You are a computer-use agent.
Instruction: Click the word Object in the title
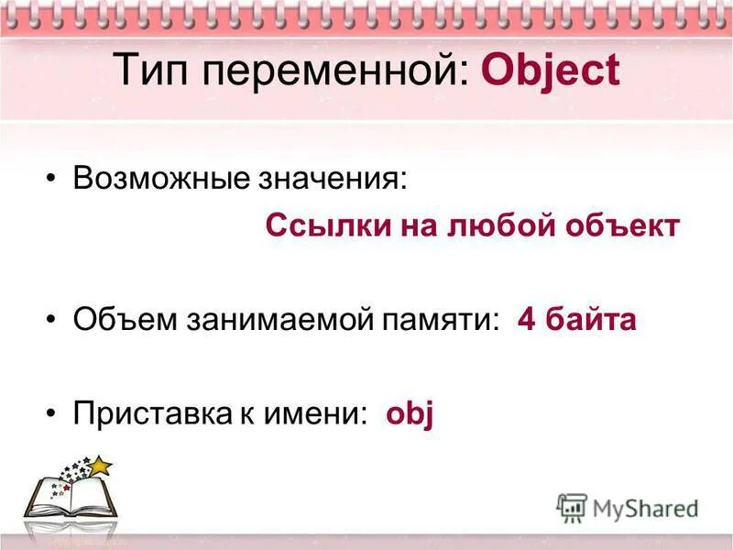[x=550, y=71]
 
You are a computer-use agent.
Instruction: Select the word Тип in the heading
[x=147, y=71]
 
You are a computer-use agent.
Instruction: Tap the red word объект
[x=623, y=225]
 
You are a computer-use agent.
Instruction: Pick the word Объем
[x=122, y=320]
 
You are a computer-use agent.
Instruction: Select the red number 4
[x=526, y=320]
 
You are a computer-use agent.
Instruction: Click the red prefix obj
[x=409, y=415]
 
